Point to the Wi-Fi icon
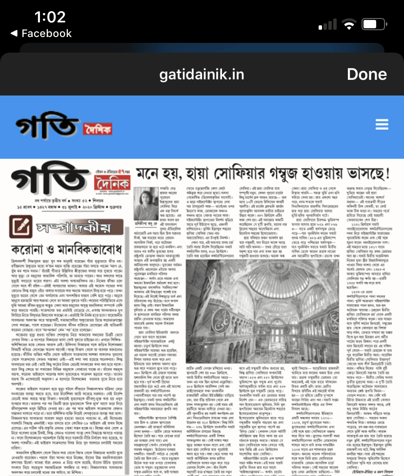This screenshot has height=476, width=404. click(x=349, y=25)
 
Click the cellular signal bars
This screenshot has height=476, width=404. click(x=327, y=25)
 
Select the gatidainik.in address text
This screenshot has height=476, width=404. click(x=202, y=75)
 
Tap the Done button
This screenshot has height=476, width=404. click(x=366, y=75)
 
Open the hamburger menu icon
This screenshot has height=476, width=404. click(x=382, y=125)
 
